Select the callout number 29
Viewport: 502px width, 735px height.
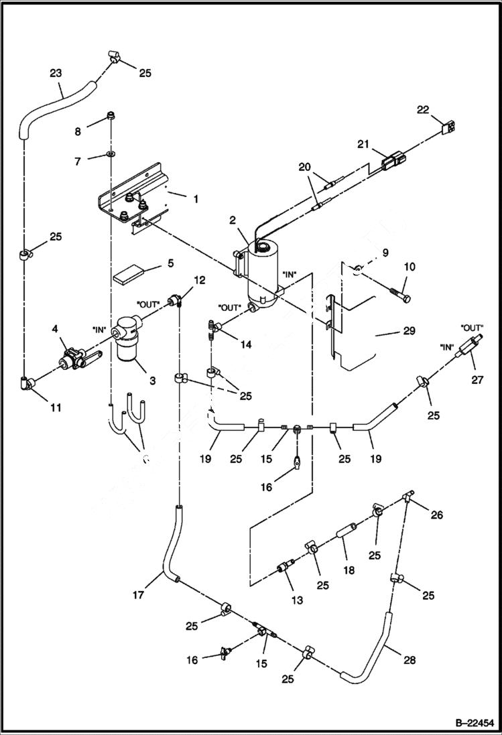click(409, 331)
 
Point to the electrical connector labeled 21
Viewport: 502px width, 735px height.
click(393, 163)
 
